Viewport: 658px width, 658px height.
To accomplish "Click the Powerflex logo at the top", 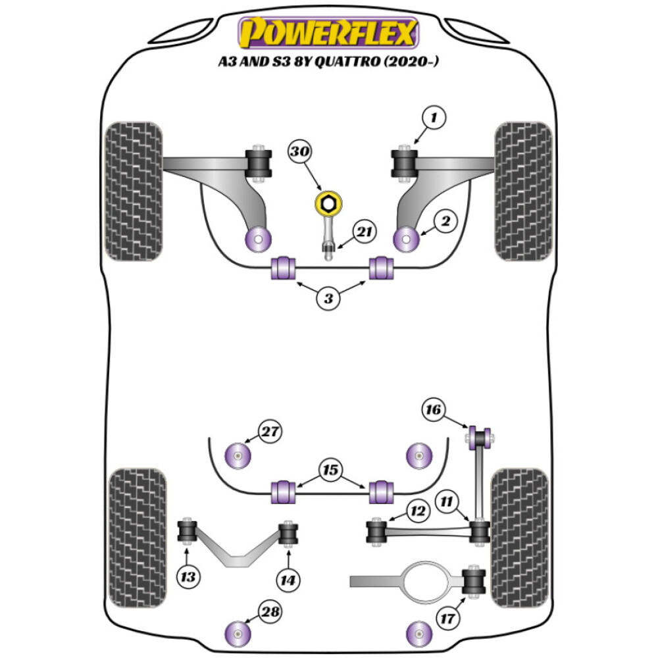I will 328,32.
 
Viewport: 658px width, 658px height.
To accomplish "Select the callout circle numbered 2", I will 445,222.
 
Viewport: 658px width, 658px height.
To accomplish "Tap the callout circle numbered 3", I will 328,299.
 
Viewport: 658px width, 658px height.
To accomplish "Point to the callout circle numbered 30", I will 301,153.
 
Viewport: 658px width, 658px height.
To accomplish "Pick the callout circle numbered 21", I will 363,232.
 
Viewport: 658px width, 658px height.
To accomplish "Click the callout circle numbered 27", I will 269,432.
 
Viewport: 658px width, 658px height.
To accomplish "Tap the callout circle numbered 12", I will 418,510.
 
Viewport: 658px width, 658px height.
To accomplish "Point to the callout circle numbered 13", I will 188,577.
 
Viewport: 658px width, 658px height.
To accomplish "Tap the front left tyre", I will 134,191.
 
